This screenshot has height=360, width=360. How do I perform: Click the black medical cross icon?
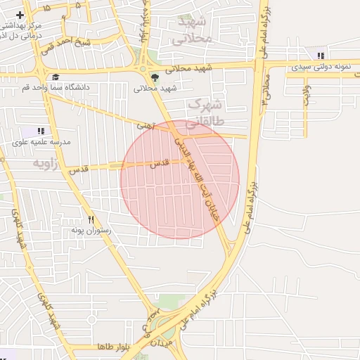point(20,15)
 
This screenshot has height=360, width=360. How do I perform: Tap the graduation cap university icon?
point(56,77)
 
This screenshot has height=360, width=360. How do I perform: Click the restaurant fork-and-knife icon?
point(91,219)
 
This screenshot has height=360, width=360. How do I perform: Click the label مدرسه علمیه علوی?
point(41,142)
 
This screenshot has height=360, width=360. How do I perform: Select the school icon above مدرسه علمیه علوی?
point(41,131)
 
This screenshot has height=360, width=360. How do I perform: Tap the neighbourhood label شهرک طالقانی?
point(204,114)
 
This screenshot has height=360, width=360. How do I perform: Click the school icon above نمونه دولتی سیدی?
point(321,55)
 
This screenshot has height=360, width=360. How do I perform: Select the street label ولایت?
point(307,96)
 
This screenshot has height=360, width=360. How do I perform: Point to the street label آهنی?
point(145,124)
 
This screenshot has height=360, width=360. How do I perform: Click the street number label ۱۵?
point(46,8)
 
